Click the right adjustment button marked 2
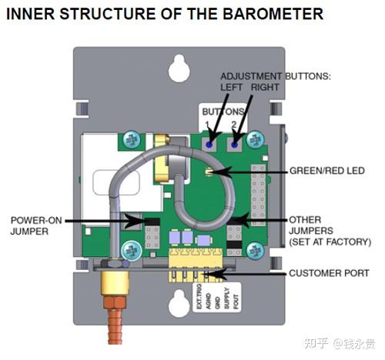[234, 142]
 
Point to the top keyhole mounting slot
[180, 68]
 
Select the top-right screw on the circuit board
[258, 138]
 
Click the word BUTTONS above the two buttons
[222, 111]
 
